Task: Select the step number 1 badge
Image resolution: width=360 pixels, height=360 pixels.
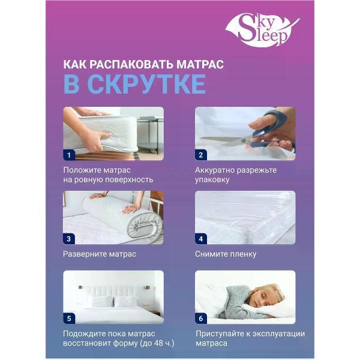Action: point(69,155)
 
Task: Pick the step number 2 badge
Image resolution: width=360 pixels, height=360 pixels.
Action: point(202,155)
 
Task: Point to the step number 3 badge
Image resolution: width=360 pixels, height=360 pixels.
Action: point(69,238)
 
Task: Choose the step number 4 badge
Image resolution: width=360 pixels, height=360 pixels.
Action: point(202,238)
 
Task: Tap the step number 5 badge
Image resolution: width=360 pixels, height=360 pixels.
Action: point(69,318)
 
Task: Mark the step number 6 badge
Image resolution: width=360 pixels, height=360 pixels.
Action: point(202,318)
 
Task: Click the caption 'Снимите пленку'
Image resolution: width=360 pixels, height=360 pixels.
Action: point(226,254)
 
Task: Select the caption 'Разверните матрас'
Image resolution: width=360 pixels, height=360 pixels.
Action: point(100,254)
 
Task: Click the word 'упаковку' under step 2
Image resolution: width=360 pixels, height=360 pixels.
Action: point(213,179)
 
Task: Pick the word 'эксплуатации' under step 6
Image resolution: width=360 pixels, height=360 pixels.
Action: point(276,334)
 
